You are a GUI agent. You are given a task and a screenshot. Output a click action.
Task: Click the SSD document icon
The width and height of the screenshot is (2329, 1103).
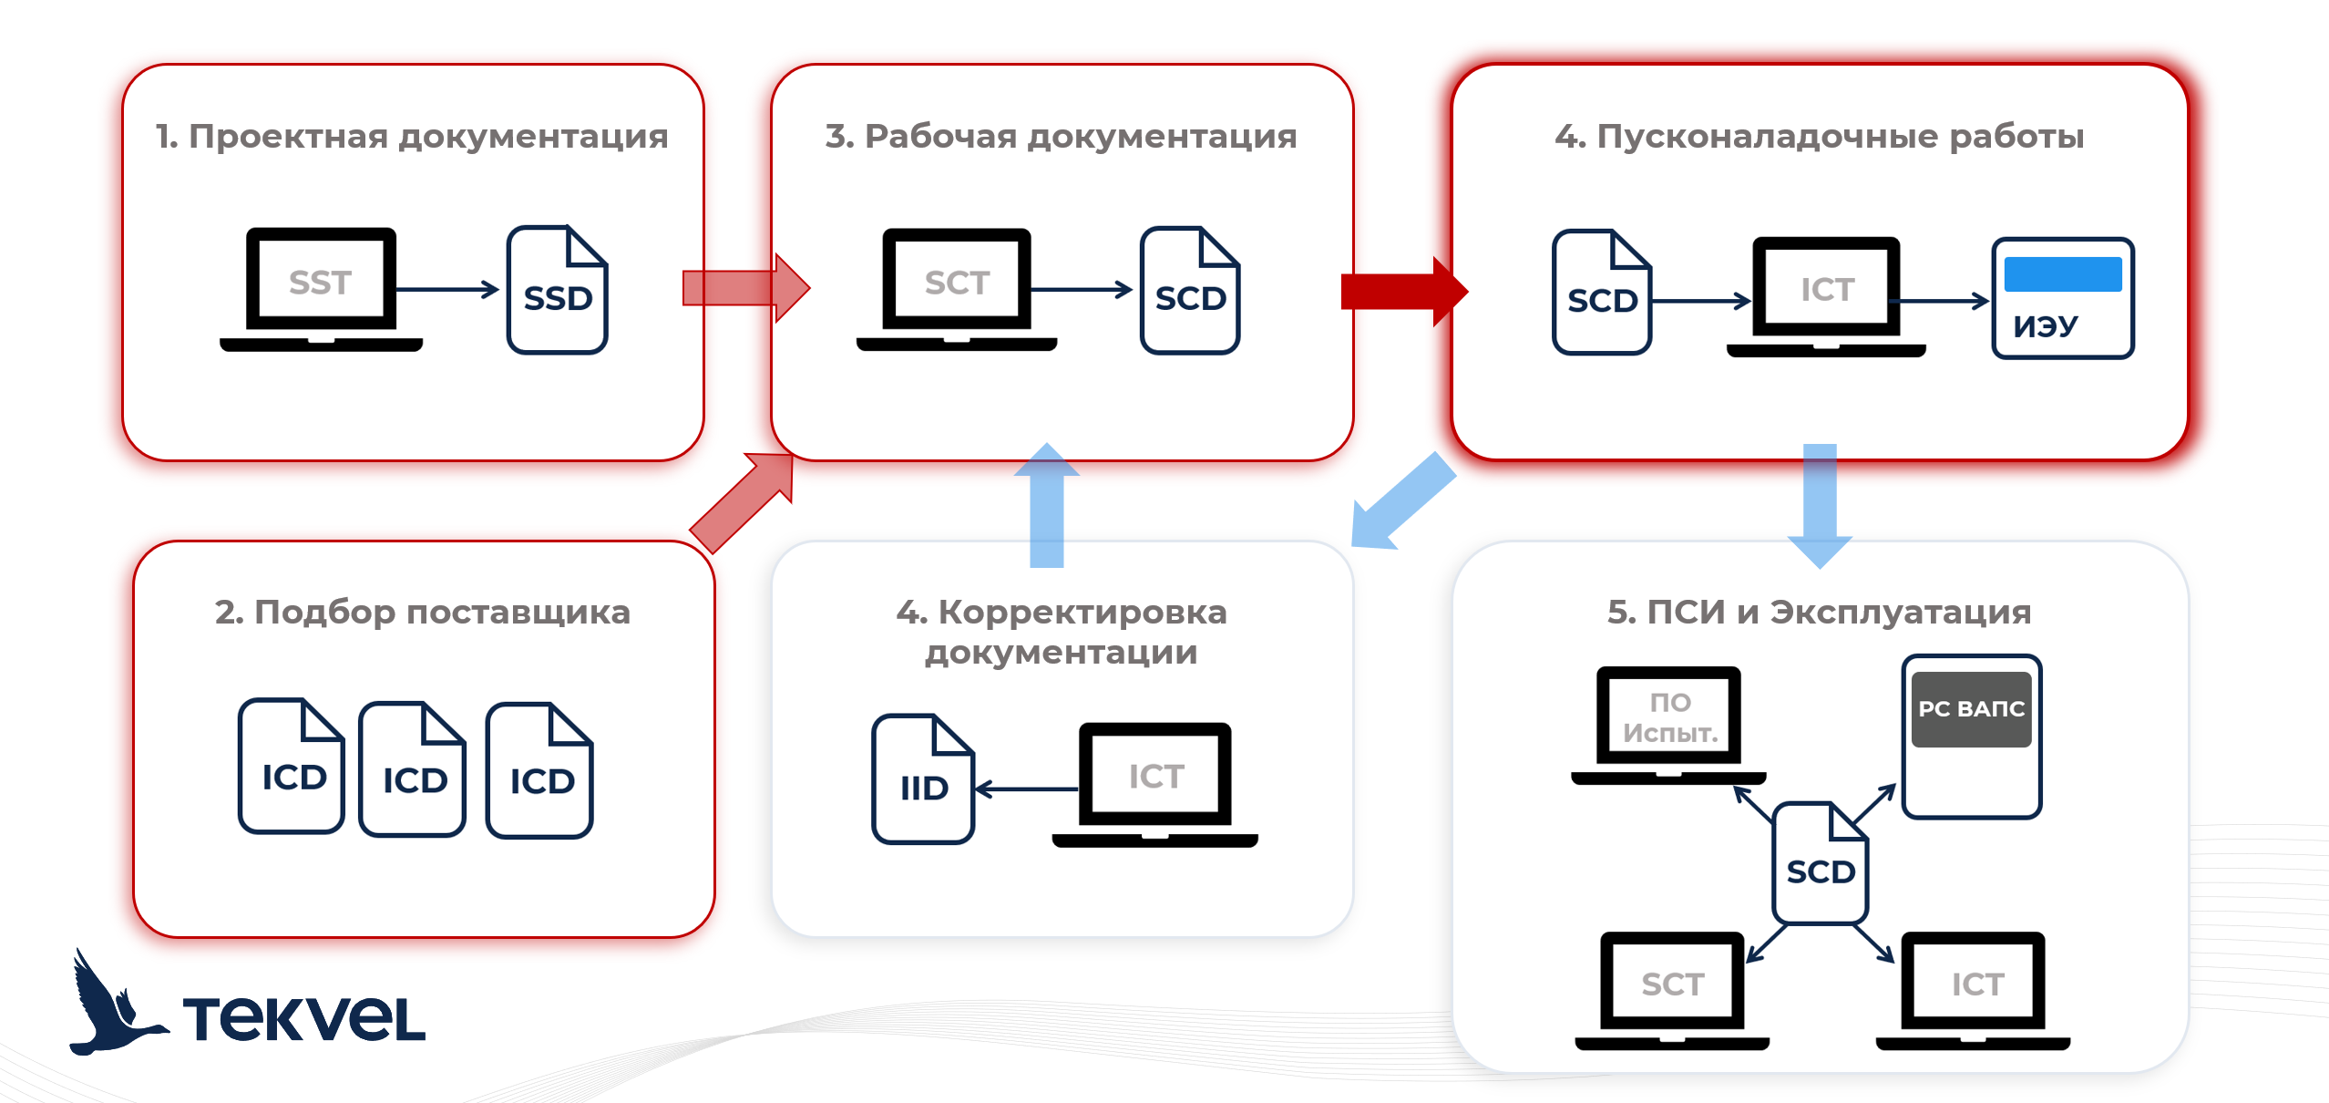tap(557, 290)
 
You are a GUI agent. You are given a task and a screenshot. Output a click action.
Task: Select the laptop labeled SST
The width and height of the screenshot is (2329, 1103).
tap(321, 288)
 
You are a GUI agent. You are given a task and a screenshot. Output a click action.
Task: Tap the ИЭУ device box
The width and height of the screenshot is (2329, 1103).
tap(2062, 298)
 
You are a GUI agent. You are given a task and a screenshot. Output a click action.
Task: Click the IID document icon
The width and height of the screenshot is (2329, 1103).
tap(922, 780)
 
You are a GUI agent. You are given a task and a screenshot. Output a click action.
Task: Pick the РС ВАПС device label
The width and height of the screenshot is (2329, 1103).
tap(1971, 709)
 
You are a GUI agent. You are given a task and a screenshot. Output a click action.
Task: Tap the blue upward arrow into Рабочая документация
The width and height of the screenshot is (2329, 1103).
tap(1047, 505)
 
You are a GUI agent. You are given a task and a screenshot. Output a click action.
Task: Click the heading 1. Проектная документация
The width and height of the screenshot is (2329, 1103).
tap(412, 137)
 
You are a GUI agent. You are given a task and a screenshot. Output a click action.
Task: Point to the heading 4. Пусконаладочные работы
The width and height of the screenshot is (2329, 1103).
tap(1819, 137)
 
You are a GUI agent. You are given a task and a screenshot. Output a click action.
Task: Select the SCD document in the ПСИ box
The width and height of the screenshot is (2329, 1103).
tap(1820, 864)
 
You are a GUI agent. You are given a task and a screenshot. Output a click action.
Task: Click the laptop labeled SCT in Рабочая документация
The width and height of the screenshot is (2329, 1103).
tap(957, 288)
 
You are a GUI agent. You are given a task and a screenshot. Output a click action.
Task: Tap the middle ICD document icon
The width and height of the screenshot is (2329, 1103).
tap(413, 770)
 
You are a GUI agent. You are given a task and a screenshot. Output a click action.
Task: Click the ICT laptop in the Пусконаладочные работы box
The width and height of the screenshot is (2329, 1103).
tap(1826, 295)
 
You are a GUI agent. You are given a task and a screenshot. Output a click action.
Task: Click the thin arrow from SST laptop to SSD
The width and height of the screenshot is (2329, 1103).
tap(447, 290)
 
